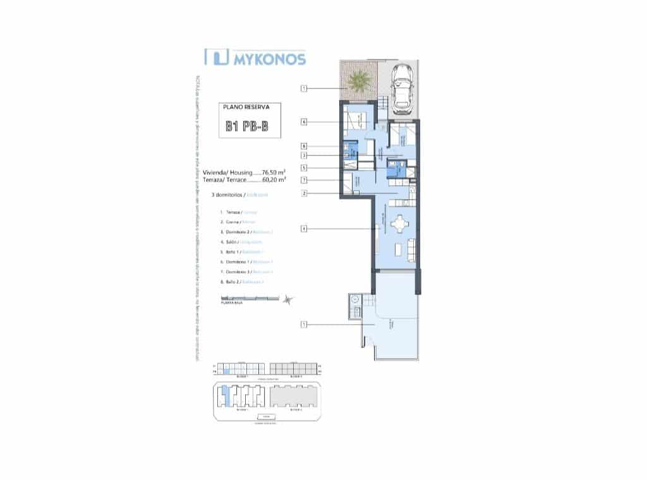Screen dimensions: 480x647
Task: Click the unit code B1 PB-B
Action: [246, 126]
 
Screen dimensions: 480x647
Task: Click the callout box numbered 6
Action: [304, 121]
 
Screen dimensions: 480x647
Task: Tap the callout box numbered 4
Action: [304, 229]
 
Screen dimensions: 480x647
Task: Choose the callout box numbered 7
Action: [304, 180]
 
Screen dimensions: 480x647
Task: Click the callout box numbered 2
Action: [304, 193]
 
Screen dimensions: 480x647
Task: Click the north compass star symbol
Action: [289, 299]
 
